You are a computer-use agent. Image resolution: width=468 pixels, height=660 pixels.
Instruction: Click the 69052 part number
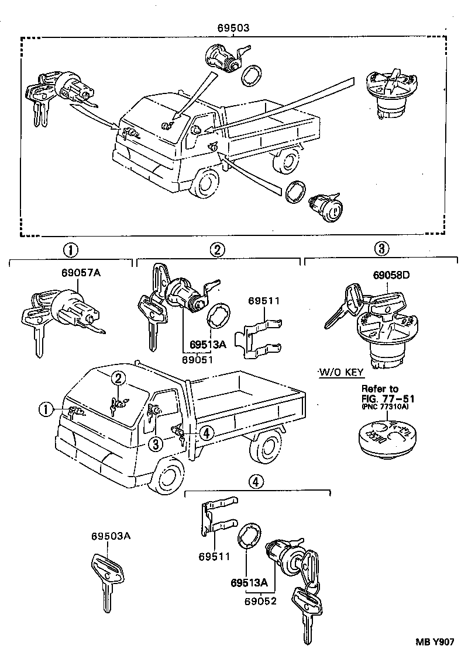(260, 599)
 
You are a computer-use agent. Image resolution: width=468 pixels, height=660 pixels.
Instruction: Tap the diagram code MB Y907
(434, 641)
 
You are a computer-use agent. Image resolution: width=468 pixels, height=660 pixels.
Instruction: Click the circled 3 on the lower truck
(154, 444)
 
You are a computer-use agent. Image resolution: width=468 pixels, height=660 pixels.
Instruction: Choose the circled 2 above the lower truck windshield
(118, 378)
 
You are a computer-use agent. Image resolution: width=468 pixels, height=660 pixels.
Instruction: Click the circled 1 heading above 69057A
(70, 250)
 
